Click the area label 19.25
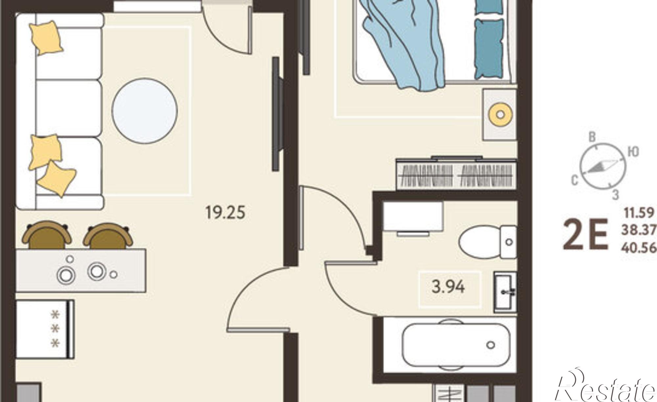pos(225,212)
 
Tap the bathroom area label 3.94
pos(448,287)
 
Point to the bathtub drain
pos(491,345)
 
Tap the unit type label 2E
pos(585,235)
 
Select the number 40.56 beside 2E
pos(638,248)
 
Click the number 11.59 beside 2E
pos(639,213)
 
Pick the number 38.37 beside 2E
pos(638,230)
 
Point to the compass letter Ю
pos(633,152)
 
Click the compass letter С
pos(575,180)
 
